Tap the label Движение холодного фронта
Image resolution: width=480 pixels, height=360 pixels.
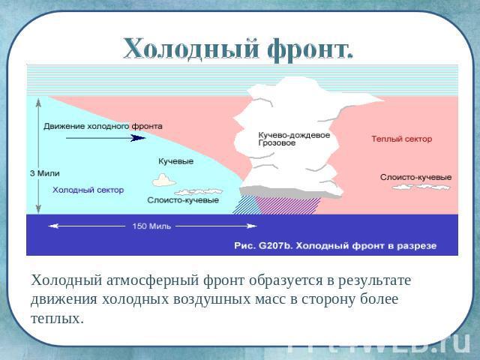point(103,126)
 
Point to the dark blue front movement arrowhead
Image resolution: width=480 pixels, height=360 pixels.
point(138,138)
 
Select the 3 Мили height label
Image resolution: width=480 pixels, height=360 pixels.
point(45,173)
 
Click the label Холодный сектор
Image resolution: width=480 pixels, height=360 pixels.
point(88,190)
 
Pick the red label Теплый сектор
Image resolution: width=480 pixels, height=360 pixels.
point(402,139)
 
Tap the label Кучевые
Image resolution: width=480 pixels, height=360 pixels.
point(175,161)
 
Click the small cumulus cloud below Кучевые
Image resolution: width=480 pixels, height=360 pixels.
point(163,180)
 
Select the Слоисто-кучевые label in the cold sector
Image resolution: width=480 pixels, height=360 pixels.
point(183,200)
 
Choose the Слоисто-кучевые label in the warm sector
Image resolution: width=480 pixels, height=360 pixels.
point(415,177)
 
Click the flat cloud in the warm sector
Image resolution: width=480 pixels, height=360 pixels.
point(421,187)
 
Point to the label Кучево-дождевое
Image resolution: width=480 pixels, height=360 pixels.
point(294,135)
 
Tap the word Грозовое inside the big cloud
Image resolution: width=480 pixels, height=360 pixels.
point(277,143)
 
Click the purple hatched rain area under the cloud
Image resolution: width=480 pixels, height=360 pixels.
point(288,205)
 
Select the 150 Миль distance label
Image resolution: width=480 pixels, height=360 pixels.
point(151,226)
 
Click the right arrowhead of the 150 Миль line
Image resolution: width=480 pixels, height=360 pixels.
point(252,226)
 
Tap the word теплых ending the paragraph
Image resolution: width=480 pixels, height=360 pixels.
point(57,319)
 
